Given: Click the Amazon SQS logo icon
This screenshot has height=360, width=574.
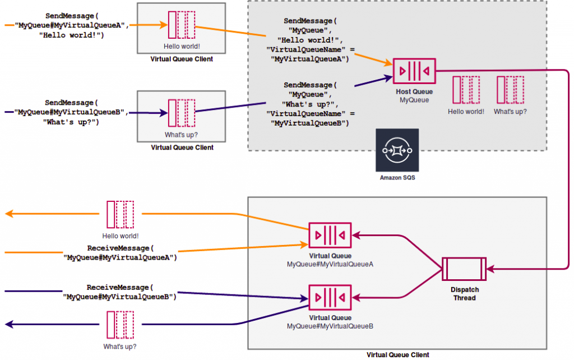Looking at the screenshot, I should point(396,150).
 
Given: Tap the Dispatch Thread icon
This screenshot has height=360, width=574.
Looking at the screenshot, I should point(464,269).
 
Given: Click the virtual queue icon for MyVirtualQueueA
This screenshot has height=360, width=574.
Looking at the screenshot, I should point(330,236).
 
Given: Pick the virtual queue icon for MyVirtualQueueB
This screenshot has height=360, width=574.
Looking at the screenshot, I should point(330,298).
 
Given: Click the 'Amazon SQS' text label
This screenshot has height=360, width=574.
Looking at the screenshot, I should point(397,178).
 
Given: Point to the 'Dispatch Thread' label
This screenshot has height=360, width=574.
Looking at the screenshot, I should point(464,294).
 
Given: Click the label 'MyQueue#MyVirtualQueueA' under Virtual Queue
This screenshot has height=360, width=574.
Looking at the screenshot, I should point(330,264).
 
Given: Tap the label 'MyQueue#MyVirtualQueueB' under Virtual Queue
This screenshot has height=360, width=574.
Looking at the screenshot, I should point(330,326).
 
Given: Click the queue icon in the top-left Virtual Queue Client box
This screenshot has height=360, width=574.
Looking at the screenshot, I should point(181,25).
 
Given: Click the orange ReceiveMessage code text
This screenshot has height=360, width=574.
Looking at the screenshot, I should point(120,253).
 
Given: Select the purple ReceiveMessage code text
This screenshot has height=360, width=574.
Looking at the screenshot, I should point(120,292).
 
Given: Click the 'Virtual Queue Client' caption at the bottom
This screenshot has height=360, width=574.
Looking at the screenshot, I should point(397,355).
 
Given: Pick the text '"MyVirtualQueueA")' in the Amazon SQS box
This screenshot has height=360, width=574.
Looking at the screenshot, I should point(309,58).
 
